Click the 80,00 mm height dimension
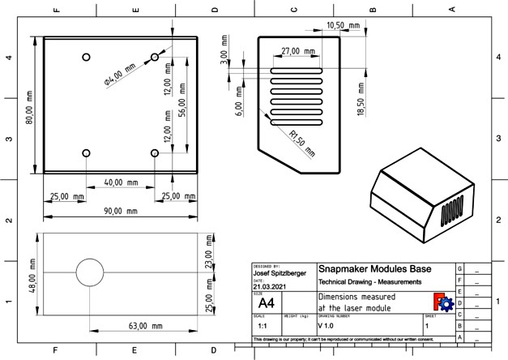[30, 106]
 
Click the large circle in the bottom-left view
[91, 274]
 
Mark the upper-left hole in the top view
[87, 57]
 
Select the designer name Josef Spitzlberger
[280, 273]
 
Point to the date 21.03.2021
[270, 286]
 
